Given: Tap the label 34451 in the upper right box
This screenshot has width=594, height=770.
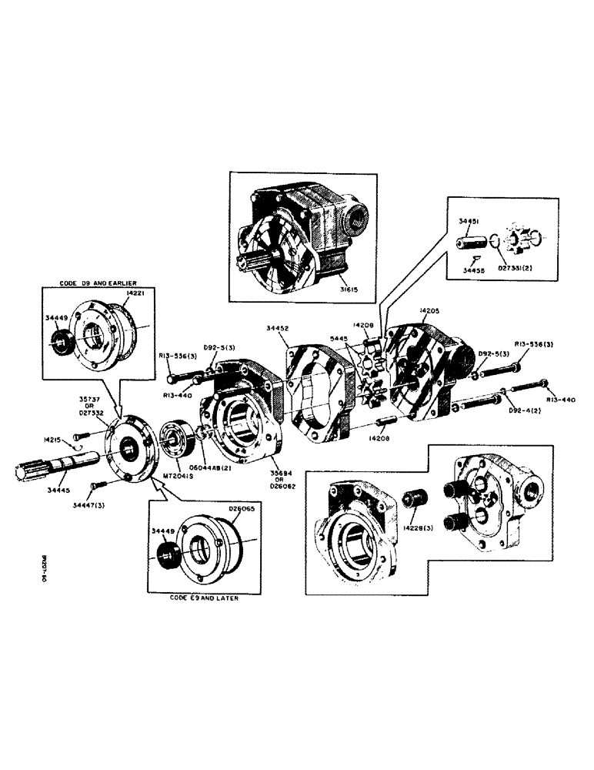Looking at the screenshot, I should (x=469, y=221).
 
